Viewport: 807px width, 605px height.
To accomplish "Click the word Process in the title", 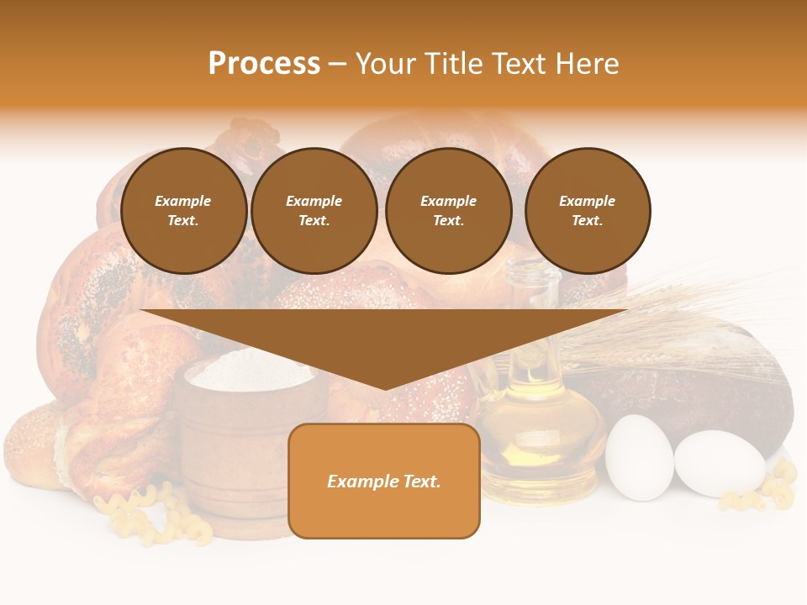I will point(264,64).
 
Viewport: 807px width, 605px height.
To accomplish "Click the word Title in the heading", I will point(453,64).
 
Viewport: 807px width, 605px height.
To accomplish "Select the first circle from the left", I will point(184,211).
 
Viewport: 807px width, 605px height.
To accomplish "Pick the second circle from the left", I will point(314,211).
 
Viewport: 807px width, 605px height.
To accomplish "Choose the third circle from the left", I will point(449,211).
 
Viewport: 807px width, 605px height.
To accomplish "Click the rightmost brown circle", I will point(588,211).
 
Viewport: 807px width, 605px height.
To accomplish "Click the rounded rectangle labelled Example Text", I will point(384,481).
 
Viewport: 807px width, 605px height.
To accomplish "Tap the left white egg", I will point(639,457).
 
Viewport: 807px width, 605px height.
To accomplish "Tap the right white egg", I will point(719,464).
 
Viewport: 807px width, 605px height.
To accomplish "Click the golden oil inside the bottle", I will point(538,437).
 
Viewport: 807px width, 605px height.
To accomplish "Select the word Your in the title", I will point(383,64).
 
